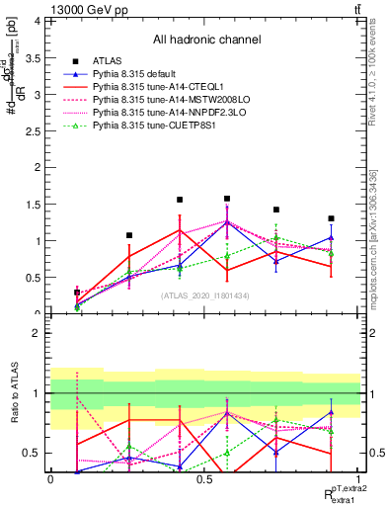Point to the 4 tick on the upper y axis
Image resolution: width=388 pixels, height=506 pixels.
37,21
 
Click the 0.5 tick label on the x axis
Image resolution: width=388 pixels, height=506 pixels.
203,478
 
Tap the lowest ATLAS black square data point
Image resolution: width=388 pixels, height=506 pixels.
77,292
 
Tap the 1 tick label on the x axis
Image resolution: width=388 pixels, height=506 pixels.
358,478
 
